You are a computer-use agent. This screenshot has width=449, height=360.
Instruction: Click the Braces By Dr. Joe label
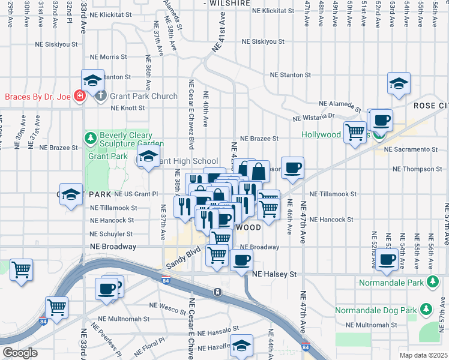pos(37,97)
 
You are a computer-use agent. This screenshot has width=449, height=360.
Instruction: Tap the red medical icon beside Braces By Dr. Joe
pos(79,96)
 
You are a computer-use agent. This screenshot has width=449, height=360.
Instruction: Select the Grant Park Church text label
pos(143,97)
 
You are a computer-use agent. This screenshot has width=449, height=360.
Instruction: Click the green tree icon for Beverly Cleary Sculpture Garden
pos(90,139)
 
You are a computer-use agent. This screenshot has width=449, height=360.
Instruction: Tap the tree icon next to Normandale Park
pos(432,282)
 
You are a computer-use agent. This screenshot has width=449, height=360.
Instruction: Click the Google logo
pos(20,353)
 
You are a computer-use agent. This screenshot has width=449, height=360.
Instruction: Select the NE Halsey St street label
pos(274,274)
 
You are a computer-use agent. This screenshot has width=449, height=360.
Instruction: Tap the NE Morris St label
pos(119,57)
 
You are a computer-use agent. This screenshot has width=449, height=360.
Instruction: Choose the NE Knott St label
pos(128,108)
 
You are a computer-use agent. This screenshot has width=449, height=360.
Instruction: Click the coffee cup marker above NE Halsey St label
pos(241,260)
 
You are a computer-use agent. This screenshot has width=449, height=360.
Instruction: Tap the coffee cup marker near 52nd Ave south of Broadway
pos(386,260)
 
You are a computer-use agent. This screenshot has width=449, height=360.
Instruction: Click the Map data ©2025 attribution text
pos(424,355)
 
